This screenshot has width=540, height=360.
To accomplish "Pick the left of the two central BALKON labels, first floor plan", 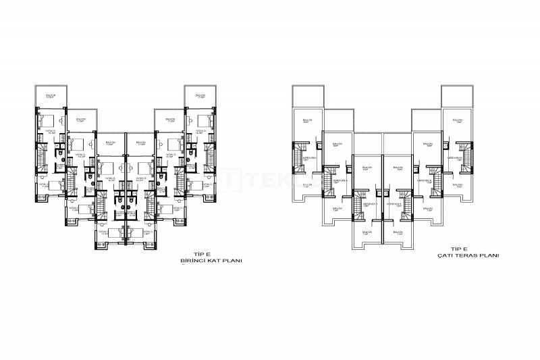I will [110, 143].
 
